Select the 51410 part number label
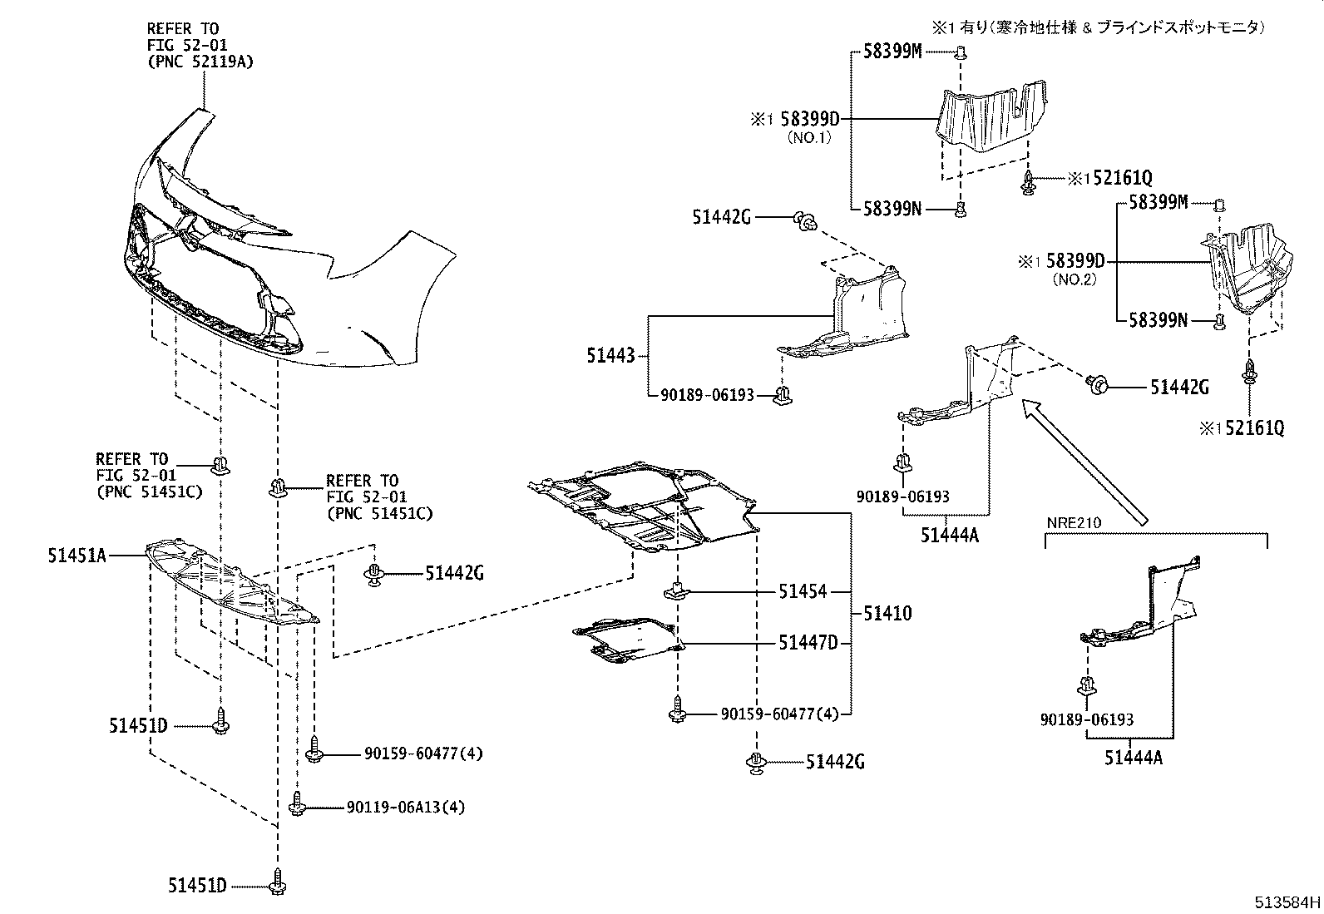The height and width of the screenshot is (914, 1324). [x=887, y=614]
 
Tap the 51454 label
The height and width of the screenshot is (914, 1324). [x=803, y=592]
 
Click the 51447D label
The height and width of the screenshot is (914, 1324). [x=808, y=643]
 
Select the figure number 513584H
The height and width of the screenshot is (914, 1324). [x=1287, y=902]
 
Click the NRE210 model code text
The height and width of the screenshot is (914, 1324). [x=1073, y=523]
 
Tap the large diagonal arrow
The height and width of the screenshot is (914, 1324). [x=1084, y=460]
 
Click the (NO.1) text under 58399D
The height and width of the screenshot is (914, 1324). [x=808, y=138]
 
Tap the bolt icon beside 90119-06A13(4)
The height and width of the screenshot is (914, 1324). [x=298, y=805]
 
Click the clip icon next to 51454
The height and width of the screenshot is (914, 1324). [x=678, y=591]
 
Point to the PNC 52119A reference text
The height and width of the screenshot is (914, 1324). [x=200, y=61]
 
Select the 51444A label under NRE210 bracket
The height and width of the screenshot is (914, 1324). [x=1134, y=758]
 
